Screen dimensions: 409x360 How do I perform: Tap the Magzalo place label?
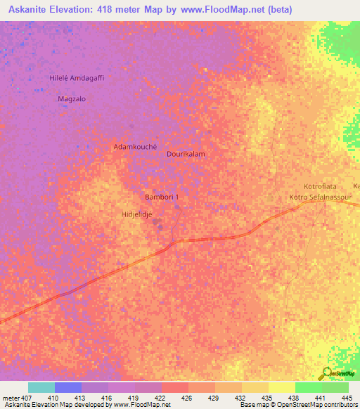(71, 99)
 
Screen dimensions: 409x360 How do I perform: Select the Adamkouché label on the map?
(134, 147)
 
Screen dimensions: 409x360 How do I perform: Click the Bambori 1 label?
(162, 197)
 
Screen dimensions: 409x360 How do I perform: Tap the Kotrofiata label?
(320, 186)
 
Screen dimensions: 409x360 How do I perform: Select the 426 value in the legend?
(186, 397)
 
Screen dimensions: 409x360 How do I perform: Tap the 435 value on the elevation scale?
(266, 397)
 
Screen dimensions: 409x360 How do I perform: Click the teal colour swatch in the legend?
(41, 387)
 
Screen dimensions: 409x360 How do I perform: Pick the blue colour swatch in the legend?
(68, 387)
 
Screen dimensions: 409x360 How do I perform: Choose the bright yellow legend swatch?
(282, 387)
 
